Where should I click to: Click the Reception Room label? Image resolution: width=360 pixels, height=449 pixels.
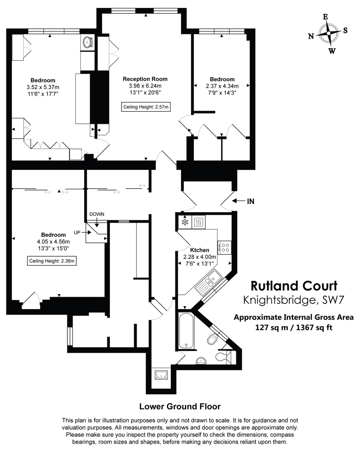pyautogui.click(x=145, y=79)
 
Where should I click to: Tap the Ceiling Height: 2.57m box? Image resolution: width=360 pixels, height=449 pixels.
pyautogui.click(x=146, y=107)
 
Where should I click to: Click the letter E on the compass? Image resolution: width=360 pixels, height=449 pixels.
pyautogui.click(x=326, y=17)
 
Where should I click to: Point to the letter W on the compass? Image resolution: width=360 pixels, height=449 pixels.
pyautogui.click(x=332, y=51)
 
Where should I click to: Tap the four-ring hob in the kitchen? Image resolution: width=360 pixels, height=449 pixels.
pyautogui.click(x=225, y=247)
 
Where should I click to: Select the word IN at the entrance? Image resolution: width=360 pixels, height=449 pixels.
pyautogui.click(x=250, y=201)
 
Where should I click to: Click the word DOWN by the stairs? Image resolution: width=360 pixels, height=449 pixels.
pyautogui.click(x=96, y=214)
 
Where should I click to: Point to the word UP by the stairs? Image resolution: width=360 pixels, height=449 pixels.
pyautogui.click(x=77, y=232)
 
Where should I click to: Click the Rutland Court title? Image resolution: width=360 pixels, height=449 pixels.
pyautogui.click(x=294, y=286)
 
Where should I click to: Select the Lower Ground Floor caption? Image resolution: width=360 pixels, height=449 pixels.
pyautogui.click(x=180, y=406)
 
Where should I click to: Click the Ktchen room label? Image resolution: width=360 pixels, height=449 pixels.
pyautogui.click(x=200, y=250)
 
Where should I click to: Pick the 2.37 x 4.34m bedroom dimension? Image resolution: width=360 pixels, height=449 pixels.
pyautogui.click(x=222, y=86)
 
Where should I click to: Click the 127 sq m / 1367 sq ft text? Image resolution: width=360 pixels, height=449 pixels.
pyautogui.click(x=294, y=327)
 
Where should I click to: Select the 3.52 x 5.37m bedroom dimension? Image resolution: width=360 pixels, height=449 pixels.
pyautogui.click(x=43, y=87)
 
